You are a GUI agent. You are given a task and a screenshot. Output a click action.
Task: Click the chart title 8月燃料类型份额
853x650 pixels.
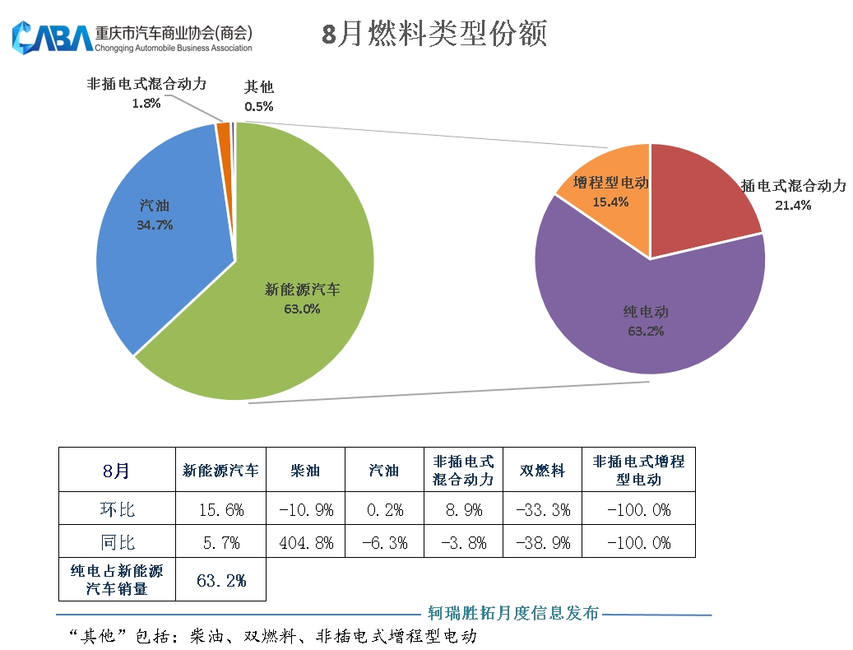pyautogui.click(x=433, y=35)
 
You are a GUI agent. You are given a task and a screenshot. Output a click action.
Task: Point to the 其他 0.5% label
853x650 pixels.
pyautogui.click(x=259, y=96)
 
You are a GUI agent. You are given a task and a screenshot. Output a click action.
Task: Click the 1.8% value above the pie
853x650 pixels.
pyautogui.click(x=146, y=104)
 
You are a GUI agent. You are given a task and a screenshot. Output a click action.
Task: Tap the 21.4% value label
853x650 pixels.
pyautogui.click(x=793, y=205)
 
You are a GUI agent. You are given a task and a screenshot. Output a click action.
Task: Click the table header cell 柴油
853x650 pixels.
pyautogui.click(x=305, y=471)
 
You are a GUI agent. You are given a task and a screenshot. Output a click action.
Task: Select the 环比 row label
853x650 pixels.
pyautogui.click(x=117, y=510)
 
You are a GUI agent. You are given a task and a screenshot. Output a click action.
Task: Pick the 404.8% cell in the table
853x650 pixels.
pyautogui.click(x=305, y=543)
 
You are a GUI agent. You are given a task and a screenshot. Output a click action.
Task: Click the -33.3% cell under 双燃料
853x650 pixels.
pyautogui.click(x=543, y=510)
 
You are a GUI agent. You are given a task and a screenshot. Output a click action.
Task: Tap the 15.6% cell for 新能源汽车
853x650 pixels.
pyautogui.click(x=220, y=510)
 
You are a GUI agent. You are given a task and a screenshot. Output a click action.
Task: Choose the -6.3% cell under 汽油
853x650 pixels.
pyautogui.click(x=384, y=543)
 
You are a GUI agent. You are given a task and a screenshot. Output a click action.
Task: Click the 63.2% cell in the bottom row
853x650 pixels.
pyautogui.click(x=220, y=580)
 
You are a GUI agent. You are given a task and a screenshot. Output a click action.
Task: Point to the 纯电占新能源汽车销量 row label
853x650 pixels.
pyautogui.click(x=117, y=580)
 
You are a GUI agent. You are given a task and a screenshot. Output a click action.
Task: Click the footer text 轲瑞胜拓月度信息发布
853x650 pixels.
pyautogui.click(x=512, y=613)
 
